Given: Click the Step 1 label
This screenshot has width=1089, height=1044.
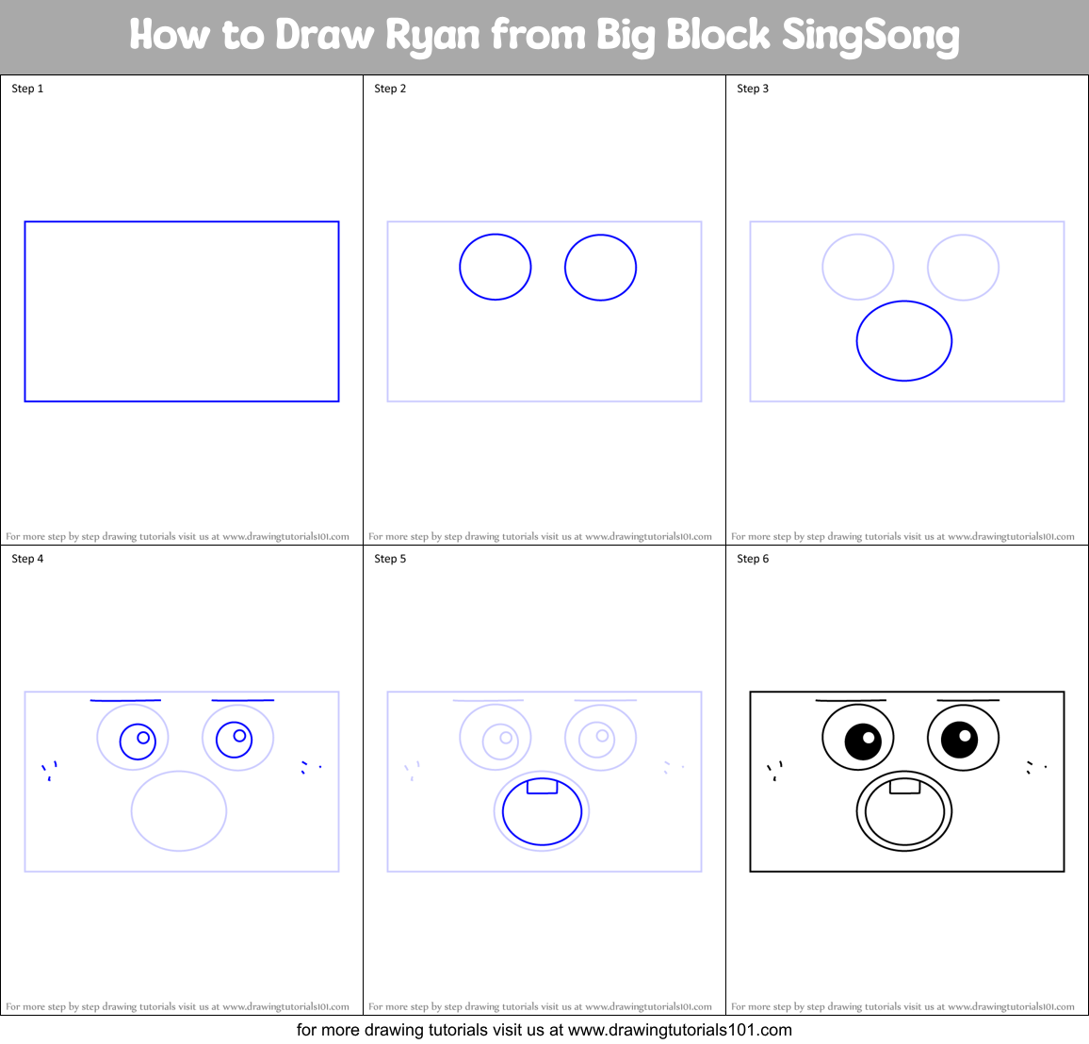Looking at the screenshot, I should [27, 89].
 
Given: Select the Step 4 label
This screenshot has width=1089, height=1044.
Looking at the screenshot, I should [27, 559].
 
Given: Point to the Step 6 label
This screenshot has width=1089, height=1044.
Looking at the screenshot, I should [753, 559].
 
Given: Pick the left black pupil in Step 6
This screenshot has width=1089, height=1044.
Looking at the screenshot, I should [863, 741].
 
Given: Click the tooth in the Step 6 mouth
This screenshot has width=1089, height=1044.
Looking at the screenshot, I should [904, 786].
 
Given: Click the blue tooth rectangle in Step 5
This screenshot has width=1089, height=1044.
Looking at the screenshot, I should [542, 786].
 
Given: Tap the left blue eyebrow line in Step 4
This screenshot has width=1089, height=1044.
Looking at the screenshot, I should [125, 700].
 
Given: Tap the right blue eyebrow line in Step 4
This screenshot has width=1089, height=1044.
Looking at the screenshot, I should [243, 700].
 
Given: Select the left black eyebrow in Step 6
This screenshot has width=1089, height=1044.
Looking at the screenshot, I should [851, 700].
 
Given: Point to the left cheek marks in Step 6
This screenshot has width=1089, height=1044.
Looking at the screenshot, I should [775, 771].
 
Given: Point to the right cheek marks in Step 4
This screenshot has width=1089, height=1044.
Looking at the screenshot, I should [309, 767].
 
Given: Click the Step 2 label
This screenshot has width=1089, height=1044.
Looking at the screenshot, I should [390, 89].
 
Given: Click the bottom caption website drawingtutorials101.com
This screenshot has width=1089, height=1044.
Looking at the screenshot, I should [680, 1030].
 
